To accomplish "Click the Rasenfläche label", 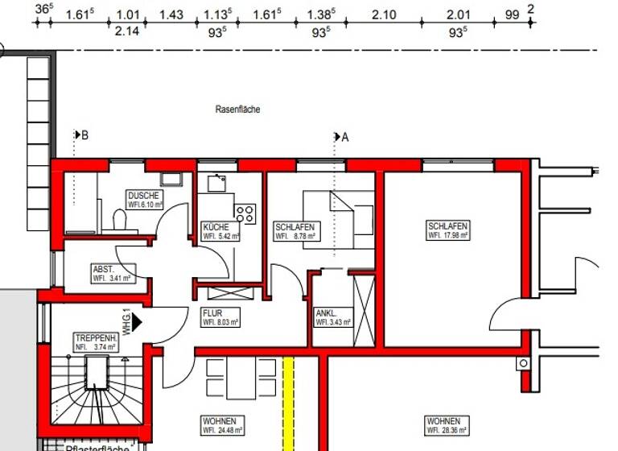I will click(237, 109).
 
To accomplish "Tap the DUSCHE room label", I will click(144, 196).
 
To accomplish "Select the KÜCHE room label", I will click(216, 228).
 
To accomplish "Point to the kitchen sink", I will click(216, 183).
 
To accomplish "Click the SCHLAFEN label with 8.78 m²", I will click(294, 227).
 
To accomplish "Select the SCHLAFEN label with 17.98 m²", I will click(448, 226).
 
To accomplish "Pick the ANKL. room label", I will click(325, 313).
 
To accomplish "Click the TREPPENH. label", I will click(95, 337).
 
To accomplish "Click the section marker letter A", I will click(345, 137).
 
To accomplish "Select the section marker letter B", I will click(84, 135).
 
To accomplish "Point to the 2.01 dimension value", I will click(458, 14).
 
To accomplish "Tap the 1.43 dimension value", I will click(171, 14).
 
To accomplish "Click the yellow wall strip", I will click(288, 403).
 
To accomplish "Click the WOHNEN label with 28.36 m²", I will click(443, 421).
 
